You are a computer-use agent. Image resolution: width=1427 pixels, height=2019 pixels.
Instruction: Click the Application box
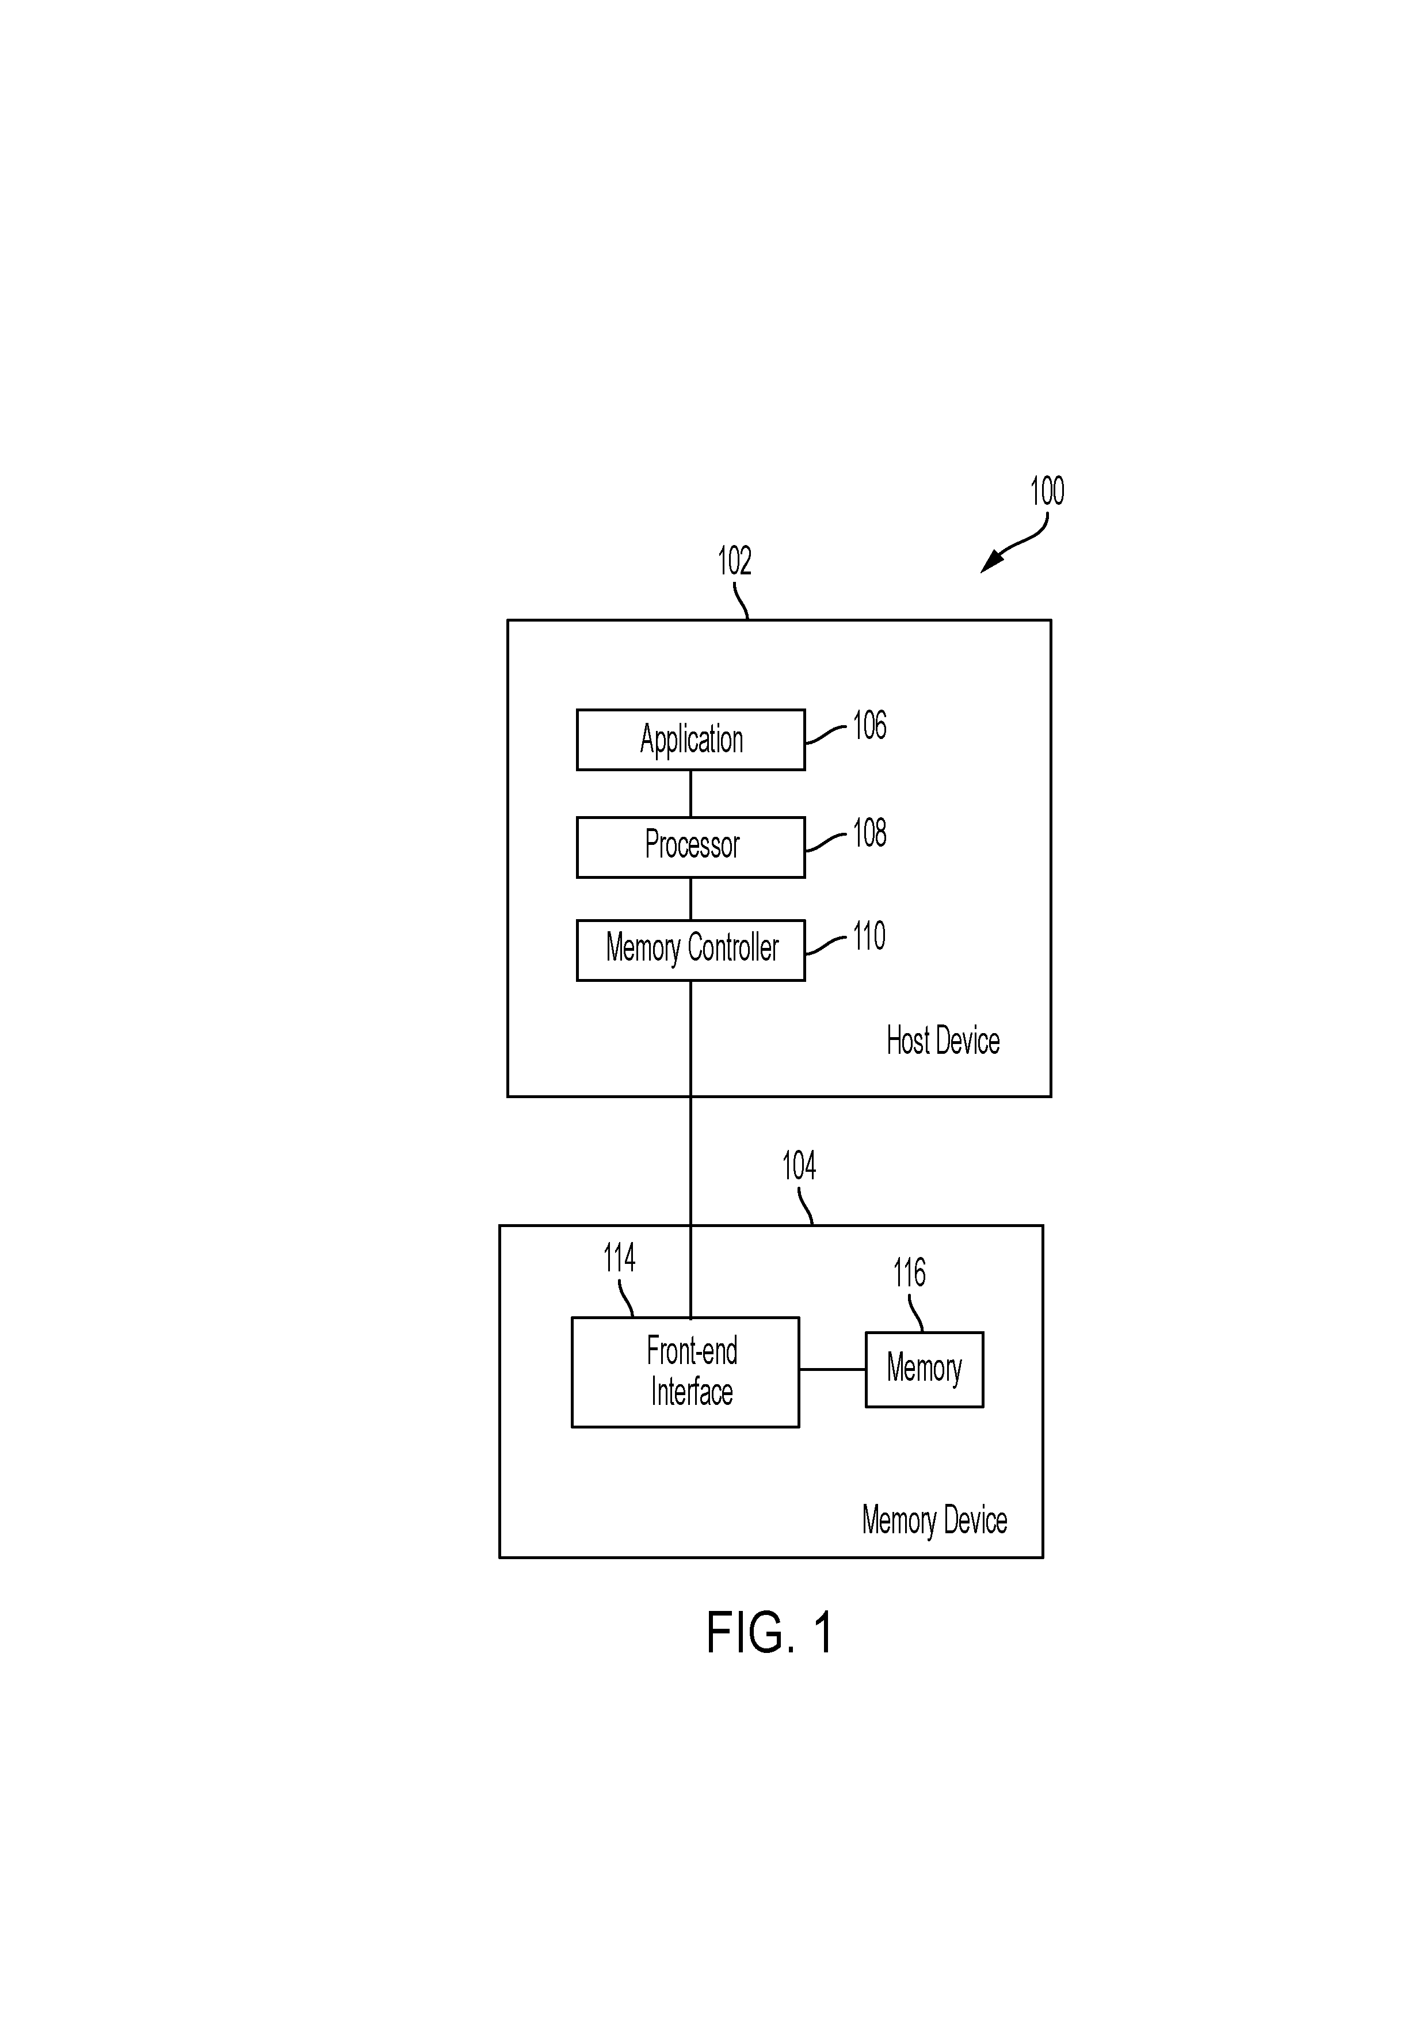pyautogui.click(x=690, y=740)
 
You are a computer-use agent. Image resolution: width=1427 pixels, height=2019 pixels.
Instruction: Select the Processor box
pyautogui.click(x=690, y=847)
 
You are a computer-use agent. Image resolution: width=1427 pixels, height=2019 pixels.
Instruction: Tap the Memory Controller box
pyautogui.click(x=690, y=950)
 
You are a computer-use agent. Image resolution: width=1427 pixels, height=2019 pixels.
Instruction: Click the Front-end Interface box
pyautogui.click(x=685, y=1372)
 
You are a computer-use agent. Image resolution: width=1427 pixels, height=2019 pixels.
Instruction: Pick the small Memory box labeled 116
pyautogui.click(x=924, y=1369)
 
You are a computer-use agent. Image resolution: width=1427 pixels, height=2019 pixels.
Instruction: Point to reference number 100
pyautogui.click(x=1046, y=491)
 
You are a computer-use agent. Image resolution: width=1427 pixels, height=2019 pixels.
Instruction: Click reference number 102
pyautogui.click(x=734, y=560)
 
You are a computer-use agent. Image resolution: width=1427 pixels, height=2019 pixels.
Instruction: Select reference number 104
pyautogui.click(x=798, y=1166)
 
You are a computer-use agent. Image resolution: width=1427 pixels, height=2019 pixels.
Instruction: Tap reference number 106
pyautogui.click(x=869, y=725)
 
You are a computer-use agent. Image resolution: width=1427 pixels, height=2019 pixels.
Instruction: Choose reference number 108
pyautogui.click(x=869, y=833)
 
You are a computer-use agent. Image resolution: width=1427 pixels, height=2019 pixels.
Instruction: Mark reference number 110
pyautogui.click(x=869, y=936)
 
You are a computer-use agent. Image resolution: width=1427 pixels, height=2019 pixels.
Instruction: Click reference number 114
pyautogui.click(x=619, y=1258)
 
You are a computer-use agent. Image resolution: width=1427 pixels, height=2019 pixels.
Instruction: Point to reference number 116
pyautogui.click(x=909, y=1273)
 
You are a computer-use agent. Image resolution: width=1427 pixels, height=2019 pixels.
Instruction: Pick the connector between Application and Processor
pyautogui.click(x=690, y=793)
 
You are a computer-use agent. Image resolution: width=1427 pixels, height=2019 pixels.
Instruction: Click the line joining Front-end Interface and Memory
pyautogui.click(x=833, y=1369)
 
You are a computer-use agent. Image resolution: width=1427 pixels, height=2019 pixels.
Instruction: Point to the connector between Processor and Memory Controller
pyautogui.click(x=690, y=898)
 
